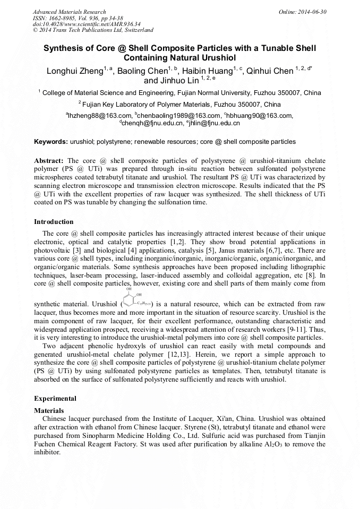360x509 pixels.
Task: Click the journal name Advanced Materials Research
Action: pos(69,12)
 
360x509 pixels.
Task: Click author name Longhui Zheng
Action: pos(75,71)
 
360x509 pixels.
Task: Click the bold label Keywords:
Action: pos(51,142)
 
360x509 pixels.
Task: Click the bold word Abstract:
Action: pos(49,160)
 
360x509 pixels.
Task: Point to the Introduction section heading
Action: pos(54,222)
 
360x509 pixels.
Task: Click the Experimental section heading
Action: pos(55,398)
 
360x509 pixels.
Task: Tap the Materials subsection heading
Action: pos(49,410)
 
